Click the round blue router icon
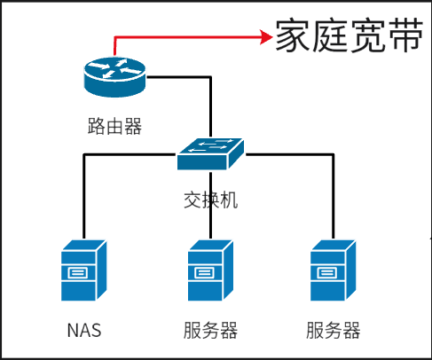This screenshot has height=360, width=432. point(114,77)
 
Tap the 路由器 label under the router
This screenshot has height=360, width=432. point(114,126)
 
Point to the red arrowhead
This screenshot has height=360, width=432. point(266,37)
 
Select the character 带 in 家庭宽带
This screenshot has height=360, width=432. point(406,35)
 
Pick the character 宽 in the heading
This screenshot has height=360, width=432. point(368,35)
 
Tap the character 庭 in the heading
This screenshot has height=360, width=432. point(331,35)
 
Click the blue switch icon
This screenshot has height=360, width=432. point(210,154)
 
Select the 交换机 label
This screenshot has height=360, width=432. point(211,200)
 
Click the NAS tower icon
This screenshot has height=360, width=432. point(84,270)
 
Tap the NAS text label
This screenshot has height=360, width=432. point(84,330)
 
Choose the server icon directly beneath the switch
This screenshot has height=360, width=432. point(210,270)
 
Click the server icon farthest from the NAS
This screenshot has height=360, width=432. point(334,270)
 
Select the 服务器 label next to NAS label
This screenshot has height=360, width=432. point(210,330)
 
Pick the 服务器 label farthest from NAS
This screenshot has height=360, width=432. point(334,330)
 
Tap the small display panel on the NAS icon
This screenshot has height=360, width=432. point(78,273)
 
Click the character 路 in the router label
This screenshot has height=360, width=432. point(97,126)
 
